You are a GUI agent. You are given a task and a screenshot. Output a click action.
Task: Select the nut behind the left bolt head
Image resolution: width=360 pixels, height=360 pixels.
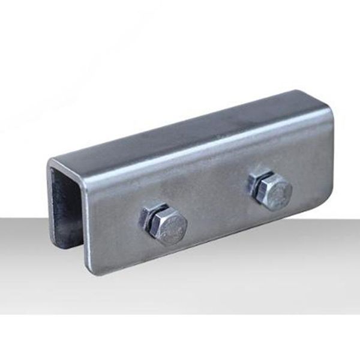pyautogui.click(x=150, y=217)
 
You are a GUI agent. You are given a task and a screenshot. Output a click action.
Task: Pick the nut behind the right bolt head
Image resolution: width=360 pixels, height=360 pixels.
pyautogui.click(x=257, y=183)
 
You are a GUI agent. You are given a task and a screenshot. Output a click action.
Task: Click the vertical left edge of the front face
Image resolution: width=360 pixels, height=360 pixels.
pyautogui.click(x=87, y=228)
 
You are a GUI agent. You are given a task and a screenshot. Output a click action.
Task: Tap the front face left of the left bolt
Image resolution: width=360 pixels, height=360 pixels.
pyautogui.click(x=114, y=222)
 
